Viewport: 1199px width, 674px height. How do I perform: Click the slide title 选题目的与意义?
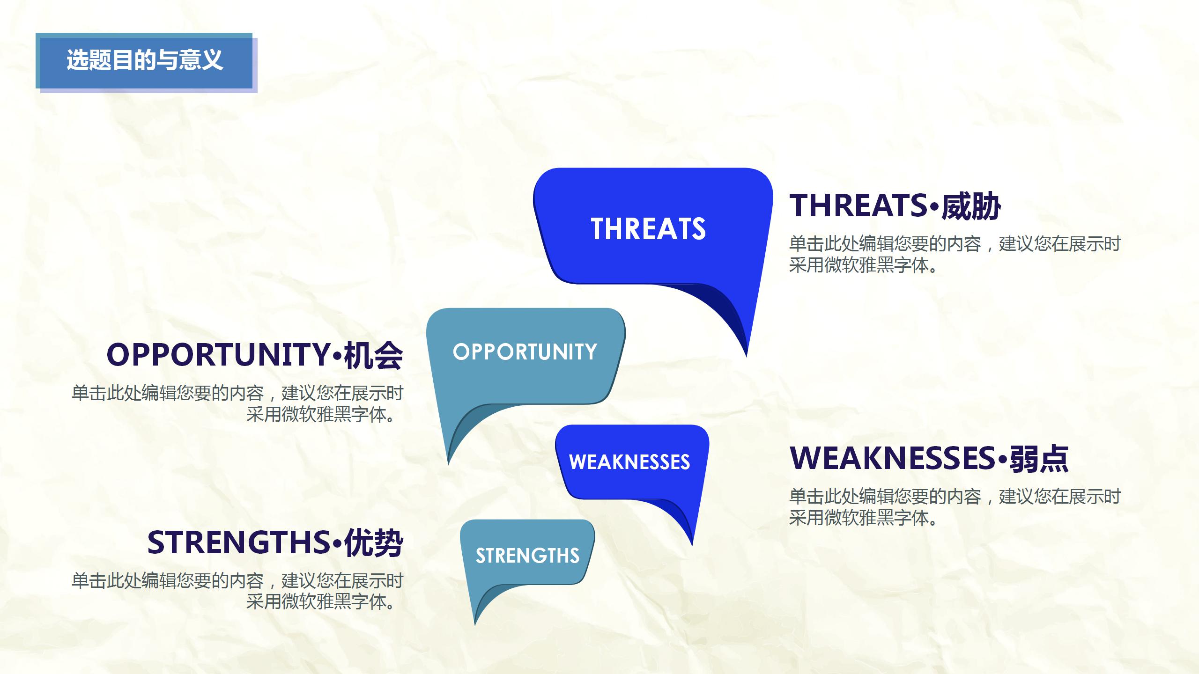click(144, 60)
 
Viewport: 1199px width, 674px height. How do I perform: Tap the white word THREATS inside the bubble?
click(648, 229)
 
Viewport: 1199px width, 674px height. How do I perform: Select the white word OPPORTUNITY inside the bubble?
click(525, 352)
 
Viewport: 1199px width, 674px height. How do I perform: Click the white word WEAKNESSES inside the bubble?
click(629, 462)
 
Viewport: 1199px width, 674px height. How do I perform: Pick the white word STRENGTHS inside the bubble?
click(527, 556)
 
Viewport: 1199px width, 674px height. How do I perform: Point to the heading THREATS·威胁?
click(895, 206)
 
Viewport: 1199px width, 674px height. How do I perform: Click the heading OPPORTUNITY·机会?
click(254, 355)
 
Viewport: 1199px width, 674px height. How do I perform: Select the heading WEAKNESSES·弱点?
click(929, 458)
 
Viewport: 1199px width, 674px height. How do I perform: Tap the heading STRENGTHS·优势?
click(275, 543)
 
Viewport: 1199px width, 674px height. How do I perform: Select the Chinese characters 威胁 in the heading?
click(971, 206)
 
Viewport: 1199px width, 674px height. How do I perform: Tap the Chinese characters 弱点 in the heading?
click(1039, 459)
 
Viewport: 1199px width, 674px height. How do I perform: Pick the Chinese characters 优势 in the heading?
click(373, 543)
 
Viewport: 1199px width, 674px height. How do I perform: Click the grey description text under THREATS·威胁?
click(954, 255)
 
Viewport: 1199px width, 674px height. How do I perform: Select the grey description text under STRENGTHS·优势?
click(237, 591)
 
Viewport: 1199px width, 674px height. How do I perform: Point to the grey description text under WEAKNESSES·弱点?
click(954, 507)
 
